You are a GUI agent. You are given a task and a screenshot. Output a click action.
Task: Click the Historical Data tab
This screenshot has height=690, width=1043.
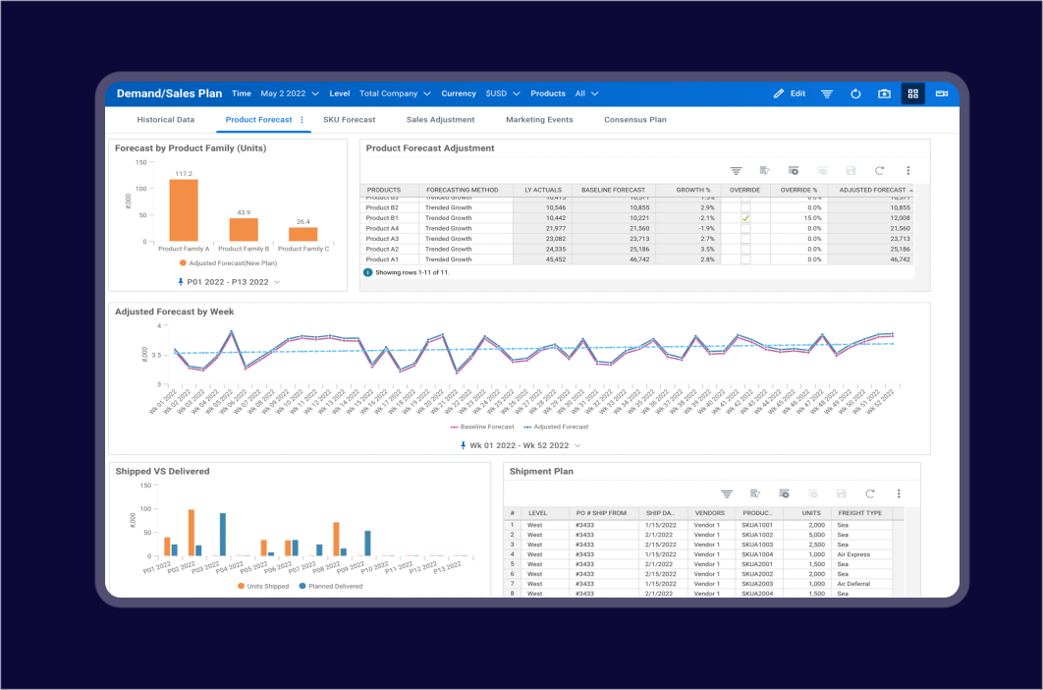pos(165,120)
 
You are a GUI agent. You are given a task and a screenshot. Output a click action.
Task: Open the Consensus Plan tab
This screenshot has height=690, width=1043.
pos(634,120)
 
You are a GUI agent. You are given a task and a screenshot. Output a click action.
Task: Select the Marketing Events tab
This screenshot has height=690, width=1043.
pos(539,120)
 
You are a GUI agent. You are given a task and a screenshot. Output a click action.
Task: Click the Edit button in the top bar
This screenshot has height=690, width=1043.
pos(789,93)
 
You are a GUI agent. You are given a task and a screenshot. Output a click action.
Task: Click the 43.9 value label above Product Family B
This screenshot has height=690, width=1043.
pos(244,212)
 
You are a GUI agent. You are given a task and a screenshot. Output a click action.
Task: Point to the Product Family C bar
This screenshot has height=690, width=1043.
pos(302,234)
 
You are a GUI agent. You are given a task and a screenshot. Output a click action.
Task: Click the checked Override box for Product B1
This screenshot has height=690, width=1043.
pos(745,218)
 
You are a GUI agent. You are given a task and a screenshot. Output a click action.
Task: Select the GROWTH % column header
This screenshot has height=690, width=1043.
pos(692,190)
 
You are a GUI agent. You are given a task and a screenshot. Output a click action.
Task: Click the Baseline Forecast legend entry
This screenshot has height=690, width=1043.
pos(482,427)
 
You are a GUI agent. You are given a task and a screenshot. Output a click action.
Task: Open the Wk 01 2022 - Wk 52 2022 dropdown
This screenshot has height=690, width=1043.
pos(520,445)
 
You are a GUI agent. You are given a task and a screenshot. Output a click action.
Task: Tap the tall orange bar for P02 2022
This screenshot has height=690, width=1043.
pos(191,533)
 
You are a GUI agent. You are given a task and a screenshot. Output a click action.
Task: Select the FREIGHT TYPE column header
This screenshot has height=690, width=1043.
pos(859,513)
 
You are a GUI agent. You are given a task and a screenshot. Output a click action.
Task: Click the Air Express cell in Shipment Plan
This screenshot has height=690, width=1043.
pos(853,554)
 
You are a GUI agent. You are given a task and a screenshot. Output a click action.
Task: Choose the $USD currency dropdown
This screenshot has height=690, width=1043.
pos(502,93)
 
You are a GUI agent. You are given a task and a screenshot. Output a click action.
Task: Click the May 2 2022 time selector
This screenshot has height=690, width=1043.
pos(289,93)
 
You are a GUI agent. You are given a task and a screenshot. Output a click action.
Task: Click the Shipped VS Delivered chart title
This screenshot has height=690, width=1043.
pos(162,472)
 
